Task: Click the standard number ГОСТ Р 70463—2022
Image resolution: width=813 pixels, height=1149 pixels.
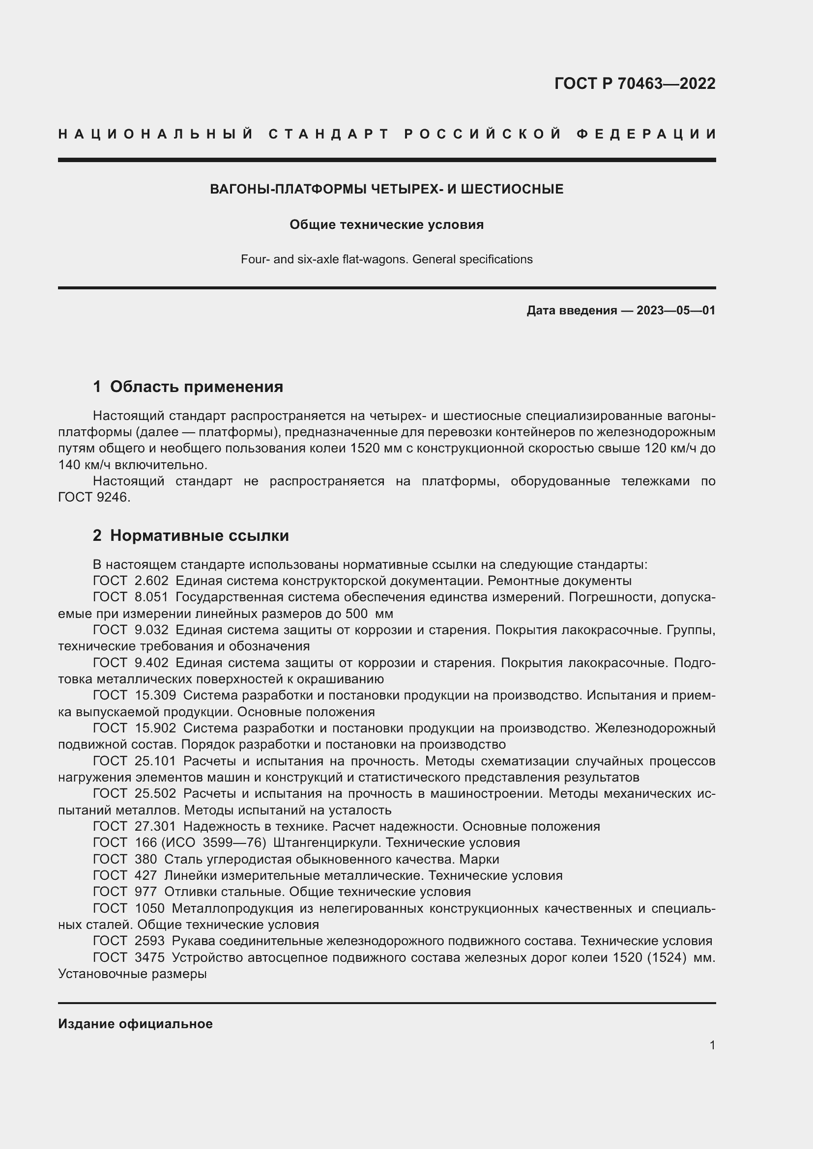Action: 634,83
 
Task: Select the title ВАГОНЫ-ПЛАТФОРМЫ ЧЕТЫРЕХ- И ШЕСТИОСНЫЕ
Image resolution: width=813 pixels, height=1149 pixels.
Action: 386,189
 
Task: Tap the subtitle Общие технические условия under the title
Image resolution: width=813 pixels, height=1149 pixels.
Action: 386,224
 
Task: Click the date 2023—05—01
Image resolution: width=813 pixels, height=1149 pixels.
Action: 675,311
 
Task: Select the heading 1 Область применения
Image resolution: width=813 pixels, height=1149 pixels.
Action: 188,386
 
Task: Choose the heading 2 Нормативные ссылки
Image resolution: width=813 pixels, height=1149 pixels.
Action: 191,535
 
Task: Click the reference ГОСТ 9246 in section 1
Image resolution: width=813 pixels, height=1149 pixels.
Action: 93,498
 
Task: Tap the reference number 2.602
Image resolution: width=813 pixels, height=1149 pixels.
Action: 152,581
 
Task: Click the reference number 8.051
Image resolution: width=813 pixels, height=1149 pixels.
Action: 152,597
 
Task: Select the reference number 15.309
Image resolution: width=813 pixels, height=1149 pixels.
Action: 155,695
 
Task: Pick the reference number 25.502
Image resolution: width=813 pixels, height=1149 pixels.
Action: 155,793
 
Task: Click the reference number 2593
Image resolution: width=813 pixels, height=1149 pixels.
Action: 150,941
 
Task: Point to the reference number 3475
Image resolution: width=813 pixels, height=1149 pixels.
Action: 150,957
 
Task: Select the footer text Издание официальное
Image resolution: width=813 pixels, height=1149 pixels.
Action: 135,1024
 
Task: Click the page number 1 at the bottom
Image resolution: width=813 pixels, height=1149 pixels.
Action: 712,1045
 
